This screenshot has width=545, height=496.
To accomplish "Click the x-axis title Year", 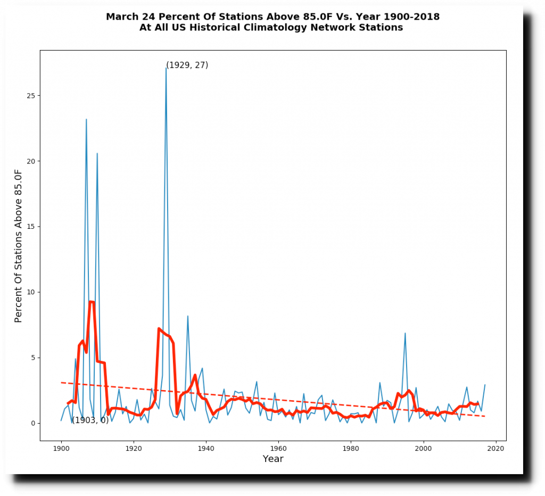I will click(273, 459).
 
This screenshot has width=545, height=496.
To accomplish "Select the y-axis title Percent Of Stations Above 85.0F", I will click(19, 246).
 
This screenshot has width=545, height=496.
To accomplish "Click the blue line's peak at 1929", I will click(166, 68).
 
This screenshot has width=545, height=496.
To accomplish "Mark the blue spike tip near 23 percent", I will click(86, 119).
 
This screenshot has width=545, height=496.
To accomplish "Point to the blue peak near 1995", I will click(405, 333).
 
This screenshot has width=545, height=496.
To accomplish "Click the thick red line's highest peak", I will click(92, 302).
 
